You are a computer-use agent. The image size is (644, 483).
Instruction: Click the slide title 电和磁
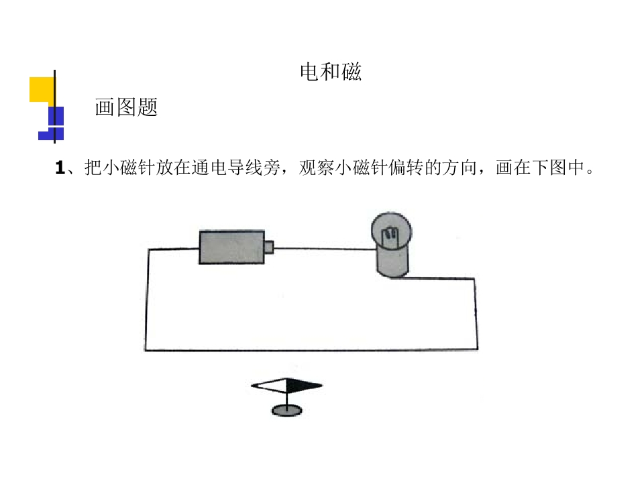[331, 72]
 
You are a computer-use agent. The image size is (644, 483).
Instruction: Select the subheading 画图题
[126, 107]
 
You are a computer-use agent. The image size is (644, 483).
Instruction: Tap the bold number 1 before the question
[60, 168]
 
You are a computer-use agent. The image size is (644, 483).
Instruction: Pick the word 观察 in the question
[317, 168]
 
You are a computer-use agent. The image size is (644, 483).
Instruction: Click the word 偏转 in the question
[406, 168]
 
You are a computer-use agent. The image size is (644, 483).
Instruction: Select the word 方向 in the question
[459, 168]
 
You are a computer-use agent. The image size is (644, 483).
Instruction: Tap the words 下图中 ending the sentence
[557, 168]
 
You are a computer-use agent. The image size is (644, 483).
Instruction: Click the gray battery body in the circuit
[231, 248]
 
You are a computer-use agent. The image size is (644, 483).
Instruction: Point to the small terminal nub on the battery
[269, 248]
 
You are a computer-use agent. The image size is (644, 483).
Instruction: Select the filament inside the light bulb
[390, 235]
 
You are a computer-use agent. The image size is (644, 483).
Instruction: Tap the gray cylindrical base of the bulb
[392, 262]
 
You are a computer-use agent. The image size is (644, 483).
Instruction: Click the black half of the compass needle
[304, 386]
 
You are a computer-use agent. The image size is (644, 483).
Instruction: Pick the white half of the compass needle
[268, 385]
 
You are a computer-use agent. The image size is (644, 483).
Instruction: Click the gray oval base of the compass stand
[286, 410]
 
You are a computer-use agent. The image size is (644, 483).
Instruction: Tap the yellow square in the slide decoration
[42, 89]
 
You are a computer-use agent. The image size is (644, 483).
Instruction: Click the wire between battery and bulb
[325, 248]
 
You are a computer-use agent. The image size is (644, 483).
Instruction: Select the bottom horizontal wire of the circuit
[311, 350]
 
